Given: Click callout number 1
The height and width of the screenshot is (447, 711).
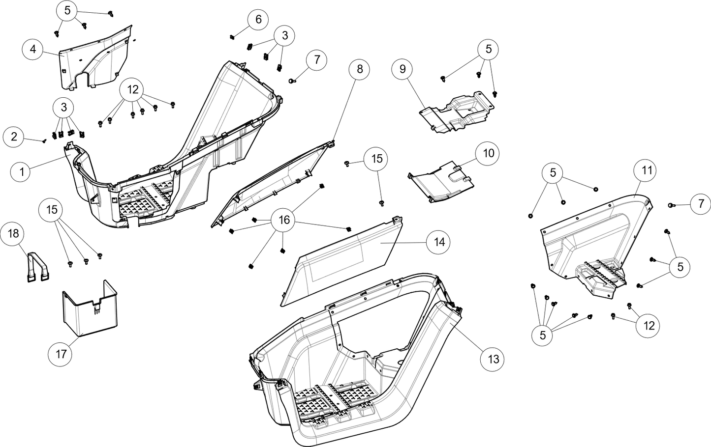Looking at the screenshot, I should [x=21, y=172].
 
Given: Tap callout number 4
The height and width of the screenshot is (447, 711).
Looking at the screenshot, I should [x=32, y=50].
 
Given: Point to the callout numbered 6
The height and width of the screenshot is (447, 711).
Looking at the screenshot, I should [x=258, y=20].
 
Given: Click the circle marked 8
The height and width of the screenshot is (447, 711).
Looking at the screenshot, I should [x=360, y=69].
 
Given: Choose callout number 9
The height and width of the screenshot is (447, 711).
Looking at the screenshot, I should [x=402, y=69].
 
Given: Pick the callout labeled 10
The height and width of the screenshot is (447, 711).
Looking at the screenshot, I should [x=488, y=153].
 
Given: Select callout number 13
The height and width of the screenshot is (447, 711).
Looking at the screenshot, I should [x=493, y=360].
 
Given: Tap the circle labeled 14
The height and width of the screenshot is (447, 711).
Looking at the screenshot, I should [x=439, y=242].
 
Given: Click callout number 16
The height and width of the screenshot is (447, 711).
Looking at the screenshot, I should [x=284, y=220].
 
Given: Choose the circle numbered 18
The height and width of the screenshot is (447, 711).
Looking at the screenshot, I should [x=13, y=233].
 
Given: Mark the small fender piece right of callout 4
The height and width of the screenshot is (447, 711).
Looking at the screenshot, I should [x=93, y=61].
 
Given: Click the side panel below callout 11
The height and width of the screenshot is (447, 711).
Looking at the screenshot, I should [x=595, y=241].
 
